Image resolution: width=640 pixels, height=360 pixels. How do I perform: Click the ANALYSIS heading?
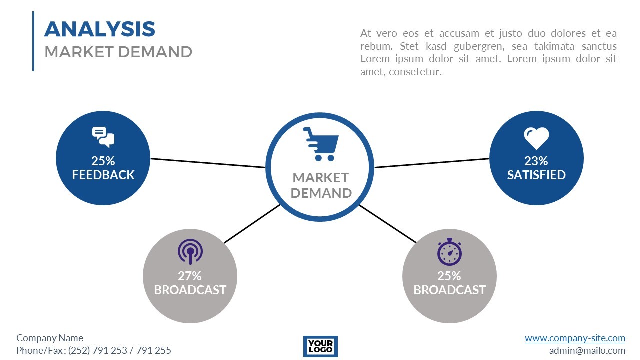(x=100, y=29)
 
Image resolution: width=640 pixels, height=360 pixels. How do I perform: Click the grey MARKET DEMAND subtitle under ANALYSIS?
(x=118, y=52)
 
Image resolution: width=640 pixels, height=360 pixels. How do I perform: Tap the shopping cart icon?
(x=320, y=144)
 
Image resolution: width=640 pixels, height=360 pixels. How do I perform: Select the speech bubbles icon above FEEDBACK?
(x=103, y=137)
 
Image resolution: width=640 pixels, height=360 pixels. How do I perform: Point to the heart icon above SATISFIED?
(x=536, y=138)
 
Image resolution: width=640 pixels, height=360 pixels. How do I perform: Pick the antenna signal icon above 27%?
(x=190, y=252)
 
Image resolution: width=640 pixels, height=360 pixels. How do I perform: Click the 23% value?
(x=536, y=161)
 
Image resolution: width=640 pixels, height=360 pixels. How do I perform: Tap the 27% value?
(x=190, y=276)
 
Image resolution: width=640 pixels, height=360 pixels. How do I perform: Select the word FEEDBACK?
(x=103, y=175)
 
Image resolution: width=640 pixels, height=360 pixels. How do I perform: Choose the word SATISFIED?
(x=536, y=175)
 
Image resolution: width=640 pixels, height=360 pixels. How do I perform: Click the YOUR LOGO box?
(x=320, y=346)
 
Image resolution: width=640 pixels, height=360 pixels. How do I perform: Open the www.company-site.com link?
(x=575, y=338)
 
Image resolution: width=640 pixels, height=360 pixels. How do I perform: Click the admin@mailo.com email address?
(x=587, y=350)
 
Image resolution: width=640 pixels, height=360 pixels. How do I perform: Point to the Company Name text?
(x=50, y=338)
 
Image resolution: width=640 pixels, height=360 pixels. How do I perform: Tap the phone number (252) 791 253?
(x=98, y=350)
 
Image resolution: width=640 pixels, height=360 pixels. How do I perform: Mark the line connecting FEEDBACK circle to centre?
(x=208, y=163)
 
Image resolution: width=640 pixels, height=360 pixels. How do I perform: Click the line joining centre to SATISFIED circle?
(x=432, y=163)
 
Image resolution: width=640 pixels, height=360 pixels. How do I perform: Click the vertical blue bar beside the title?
(x=33, y=41)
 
